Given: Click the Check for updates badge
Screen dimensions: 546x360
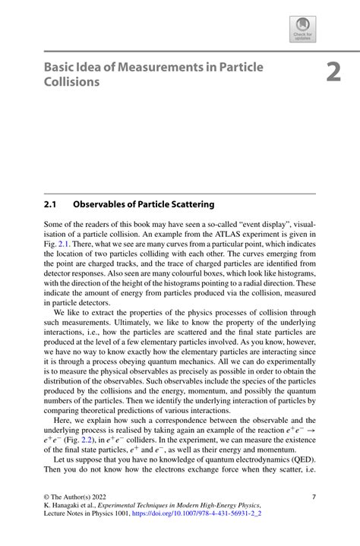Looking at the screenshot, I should point(302,30).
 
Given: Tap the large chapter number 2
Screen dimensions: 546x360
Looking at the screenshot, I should point(333,72).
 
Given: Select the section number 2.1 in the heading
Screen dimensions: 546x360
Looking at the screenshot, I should point(52,204).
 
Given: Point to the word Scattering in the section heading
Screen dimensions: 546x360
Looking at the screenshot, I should point(188,204).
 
